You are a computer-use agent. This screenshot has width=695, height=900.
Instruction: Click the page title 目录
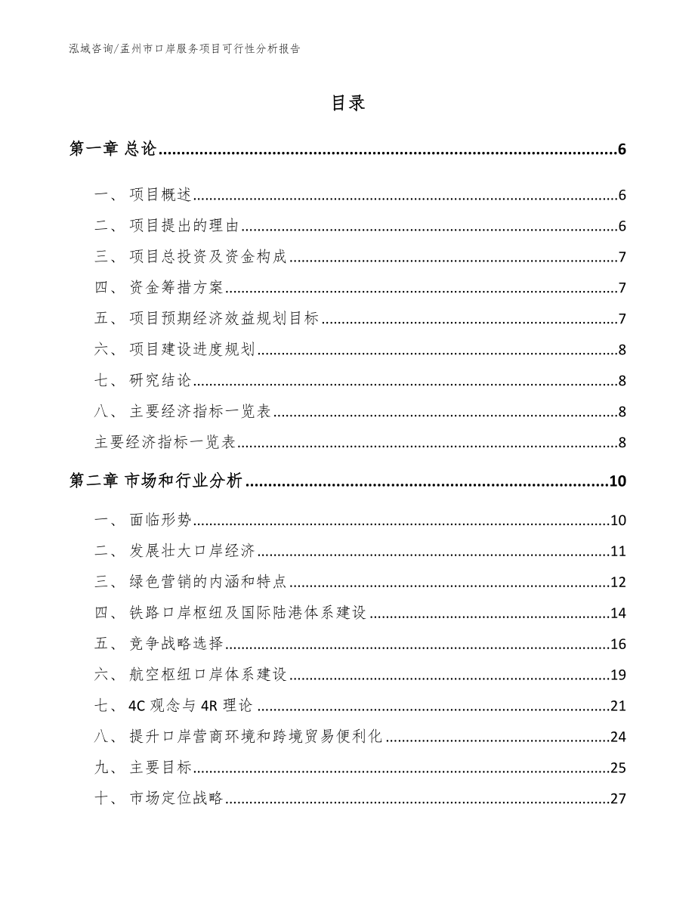(347, 104)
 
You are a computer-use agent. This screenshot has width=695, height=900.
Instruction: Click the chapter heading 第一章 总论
(113, 150)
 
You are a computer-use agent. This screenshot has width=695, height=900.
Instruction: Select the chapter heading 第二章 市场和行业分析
(156, 481)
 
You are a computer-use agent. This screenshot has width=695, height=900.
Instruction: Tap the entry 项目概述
(161, 196)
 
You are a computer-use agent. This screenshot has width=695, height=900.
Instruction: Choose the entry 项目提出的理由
(184, 226)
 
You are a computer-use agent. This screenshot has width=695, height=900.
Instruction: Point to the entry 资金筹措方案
(177, 287)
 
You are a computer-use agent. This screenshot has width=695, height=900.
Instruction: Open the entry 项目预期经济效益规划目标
(224, 318)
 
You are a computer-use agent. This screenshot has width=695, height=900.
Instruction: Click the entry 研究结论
(161, 380)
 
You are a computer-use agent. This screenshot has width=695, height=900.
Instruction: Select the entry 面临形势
(161, 520)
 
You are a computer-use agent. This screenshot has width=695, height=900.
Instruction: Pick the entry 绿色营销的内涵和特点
(208, 582)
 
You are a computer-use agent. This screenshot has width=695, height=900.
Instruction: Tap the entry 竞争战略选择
(177, 644)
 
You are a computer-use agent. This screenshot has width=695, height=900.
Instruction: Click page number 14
(618, 613)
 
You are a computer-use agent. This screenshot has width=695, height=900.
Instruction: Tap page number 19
(618, 675)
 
